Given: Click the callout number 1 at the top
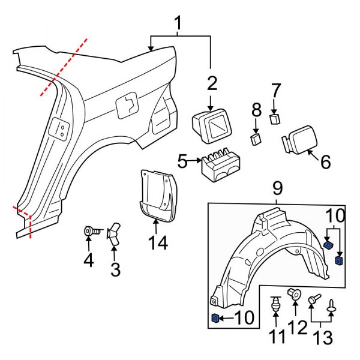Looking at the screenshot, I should (178, 23).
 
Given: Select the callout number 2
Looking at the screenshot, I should (211, 82).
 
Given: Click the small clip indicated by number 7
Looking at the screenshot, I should (275, 119).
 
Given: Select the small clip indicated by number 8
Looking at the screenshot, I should (256, 139).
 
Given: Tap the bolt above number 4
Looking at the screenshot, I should (89, 230).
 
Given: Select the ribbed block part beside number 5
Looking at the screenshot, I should (218, 164).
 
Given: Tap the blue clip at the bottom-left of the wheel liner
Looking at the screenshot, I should (215, 318).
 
